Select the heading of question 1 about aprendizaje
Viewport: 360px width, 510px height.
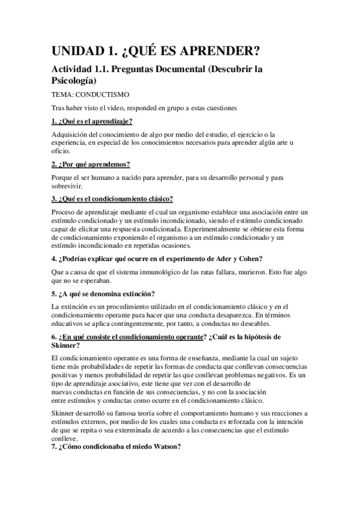click(92, 121)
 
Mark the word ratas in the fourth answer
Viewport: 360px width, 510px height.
click(197, 272)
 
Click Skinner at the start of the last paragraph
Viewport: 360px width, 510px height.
click(66, 413)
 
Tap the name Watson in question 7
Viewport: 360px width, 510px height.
click(162, 447)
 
